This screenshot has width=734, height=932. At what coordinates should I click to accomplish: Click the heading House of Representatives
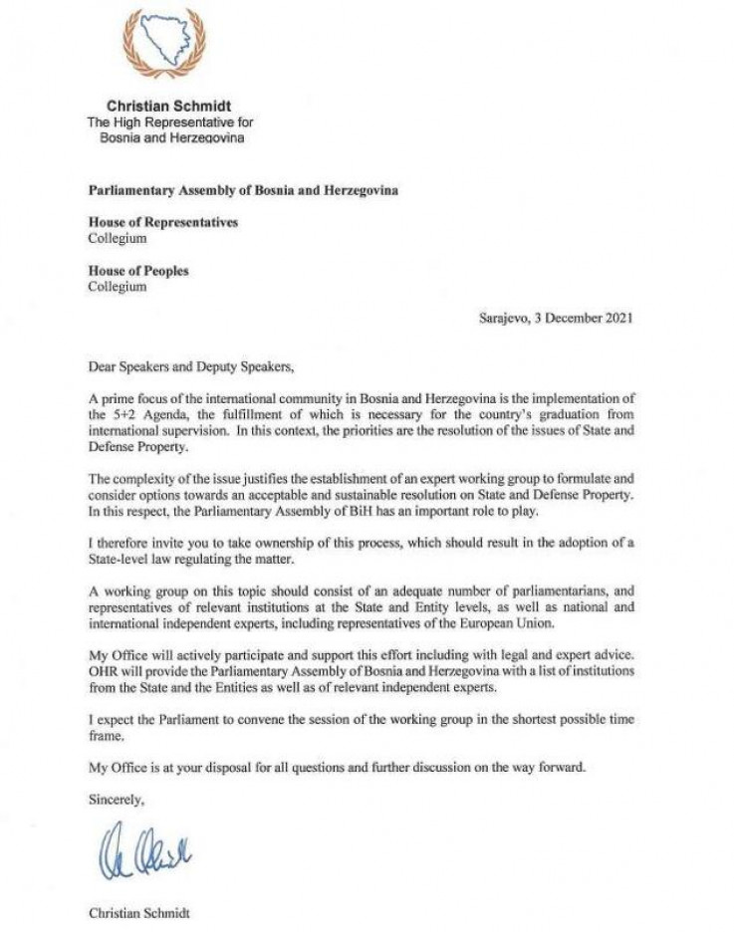162,222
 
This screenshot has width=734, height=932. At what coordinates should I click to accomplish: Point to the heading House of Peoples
137,271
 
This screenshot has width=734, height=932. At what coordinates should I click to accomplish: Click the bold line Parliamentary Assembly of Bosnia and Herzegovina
243,190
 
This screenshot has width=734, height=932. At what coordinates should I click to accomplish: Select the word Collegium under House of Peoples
118,287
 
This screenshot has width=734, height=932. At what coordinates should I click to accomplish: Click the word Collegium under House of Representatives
118,238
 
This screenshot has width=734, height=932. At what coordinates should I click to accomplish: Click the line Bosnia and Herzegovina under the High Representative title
170,137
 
